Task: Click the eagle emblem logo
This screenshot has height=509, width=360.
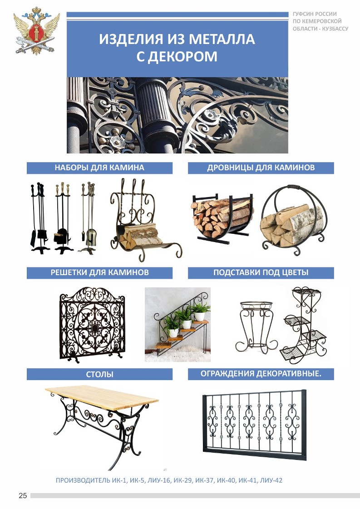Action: coord(36,32)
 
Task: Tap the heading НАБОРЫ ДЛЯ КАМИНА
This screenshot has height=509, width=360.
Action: coord(99,168)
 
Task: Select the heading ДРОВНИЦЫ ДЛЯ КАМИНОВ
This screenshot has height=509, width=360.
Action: coord(261,168)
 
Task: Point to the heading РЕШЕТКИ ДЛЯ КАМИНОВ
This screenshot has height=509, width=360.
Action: coord(99,272)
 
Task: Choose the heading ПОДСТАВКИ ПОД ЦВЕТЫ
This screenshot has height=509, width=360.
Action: coord(261,272)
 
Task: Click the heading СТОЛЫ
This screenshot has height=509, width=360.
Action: coord(99,374)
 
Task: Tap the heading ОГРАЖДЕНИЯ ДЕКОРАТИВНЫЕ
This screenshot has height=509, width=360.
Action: coord(261,374)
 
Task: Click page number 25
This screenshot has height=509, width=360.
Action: coord(23,496)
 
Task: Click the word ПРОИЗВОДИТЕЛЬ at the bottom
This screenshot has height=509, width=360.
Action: coord(83,480)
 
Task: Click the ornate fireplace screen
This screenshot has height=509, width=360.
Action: coord(92,325)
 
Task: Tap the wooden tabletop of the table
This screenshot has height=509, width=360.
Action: coord(102,396)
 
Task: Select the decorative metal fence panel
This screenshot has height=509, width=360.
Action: coord(255,425)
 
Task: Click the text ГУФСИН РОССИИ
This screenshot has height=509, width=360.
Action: coord(315,14)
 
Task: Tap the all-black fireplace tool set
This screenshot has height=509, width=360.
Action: coord(39,217)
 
